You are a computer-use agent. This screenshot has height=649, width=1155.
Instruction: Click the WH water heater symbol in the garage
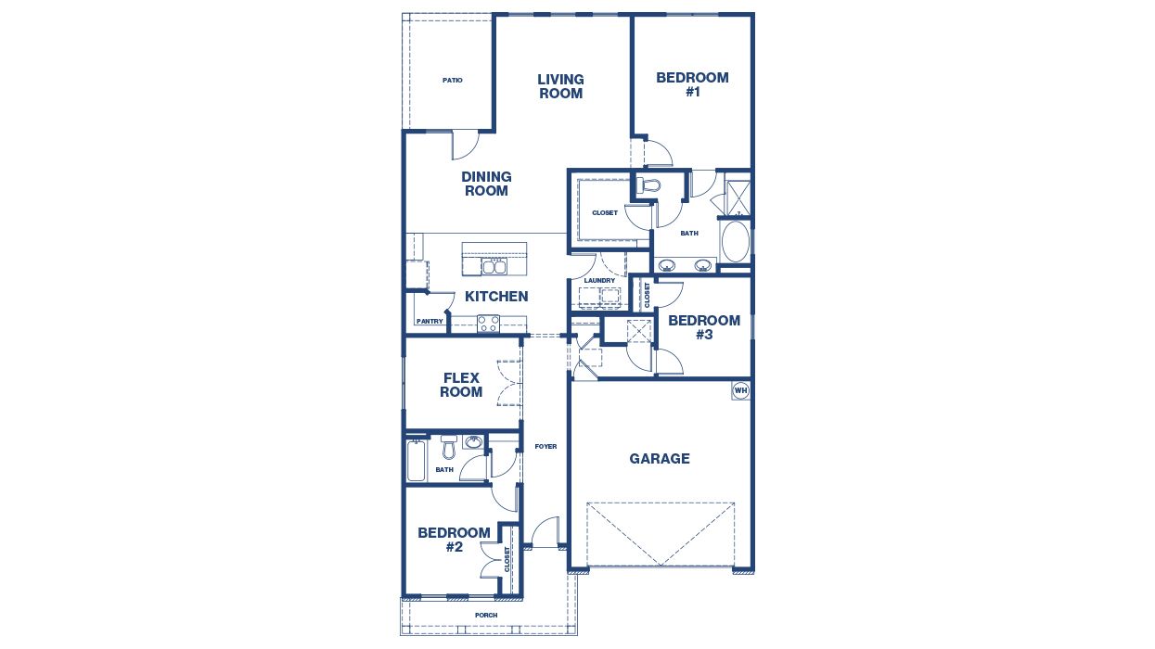tap(740, 390)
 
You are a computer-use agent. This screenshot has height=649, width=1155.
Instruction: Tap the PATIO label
tap(452, 81)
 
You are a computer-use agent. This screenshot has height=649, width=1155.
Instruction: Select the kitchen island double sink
tap(494, 266)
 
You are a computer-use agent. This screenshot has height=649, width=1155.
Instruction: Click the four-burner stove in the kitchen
tap(488, 323)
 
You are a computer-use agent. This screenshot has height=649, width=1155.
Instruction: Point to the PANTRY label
tap(430, 322)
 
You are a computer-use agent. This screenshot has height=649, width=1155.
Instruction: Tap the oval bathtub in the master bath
tap(734, 240)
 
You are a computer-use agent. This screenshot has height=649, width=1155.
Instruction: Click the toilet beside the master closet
tap(648, 185)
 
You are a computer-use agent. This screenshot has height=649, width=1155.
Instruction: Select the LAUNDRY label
tap(599, 280)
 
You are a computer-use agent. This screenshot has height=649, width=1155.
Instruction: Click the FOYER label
tap(545, 447)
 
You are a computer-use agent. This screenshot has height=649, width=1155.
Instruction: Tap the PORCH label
tap(486, 615)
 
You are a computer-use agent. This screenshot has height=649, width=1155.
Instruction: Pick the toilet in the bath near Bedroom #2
tap(449, 450)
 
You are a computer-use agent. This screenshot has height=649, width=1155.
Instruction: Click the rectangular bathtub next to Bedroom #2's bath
tap(417, 460)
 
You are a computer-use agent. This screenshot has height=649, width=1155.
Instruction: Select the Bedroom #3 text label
tap(704, 327)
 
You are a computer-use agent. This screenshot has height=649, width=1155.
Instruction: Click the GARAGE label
tap(660, 458)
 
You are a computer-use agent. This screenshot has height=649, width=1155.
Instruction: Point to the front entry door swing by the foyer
tap(545, 532)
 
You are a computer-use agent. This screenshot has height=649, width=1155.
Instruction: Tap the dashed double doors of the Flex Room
tap(509, 383)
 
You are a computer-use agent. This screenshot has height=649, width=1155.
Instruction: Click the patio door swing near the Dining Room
tap(464, 145)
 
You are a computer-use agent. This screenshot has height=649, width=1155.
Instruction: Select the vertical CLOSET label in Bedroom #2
tap(507, 558)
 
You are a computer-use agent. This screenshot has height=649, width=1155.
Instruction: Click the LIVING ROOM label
tap(560, 86)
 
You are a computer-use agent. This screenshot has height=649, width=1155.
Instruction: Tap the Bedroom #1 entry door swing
tap(660, 152)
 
